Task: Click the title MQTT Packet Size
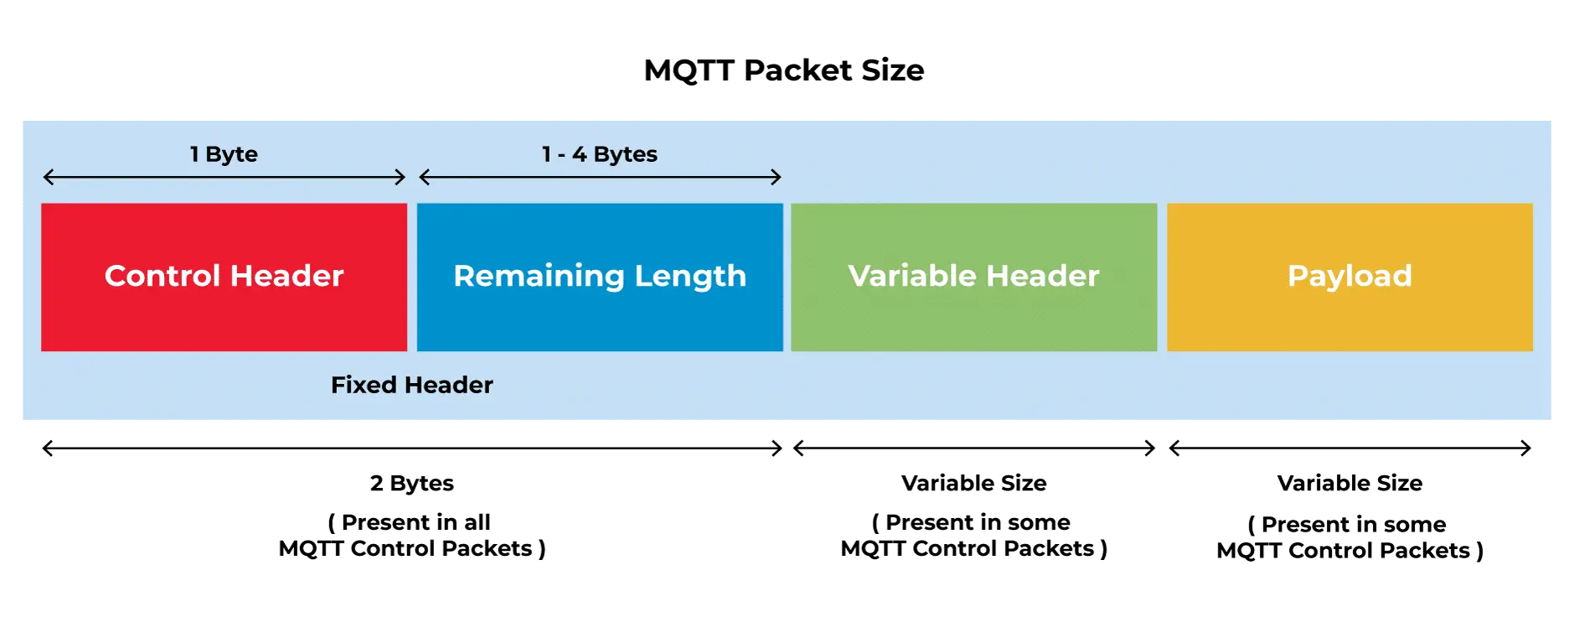[x=783, y=70]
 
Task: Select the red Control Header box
[x=224, y=277]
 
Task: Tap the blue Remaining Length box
[x=600, y=277]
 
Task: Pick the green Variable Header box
[x=973, y=277]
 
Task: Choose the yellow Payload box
[x=1350, y=277]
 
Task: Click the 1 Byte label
[x=224, y=154]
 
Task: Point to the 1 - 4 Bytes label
[x=600, y=154]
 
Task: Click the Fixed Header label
[x=412, y=385]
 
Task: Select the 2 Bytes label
[x=412, y=484]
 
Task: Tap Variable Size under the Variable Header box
[x=974, y=483]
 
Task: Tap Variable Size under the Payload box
[x=1350, y=483]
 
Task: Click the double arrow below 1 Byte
[x=224, y=177]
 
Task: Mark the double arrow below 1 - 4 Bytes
[x=600, y=177]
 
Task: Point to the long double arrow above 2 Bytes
[x=412, y=448]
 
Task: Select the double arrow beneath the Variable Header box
[x=974, y=448]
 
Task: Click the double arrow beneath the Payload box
[x=1350, y=448]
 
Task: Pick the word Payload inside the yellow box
[x=1350, y=277]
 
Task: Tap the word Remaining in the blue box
[x=539, y=277]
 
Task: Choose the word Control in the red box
[x=163, y=276]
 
